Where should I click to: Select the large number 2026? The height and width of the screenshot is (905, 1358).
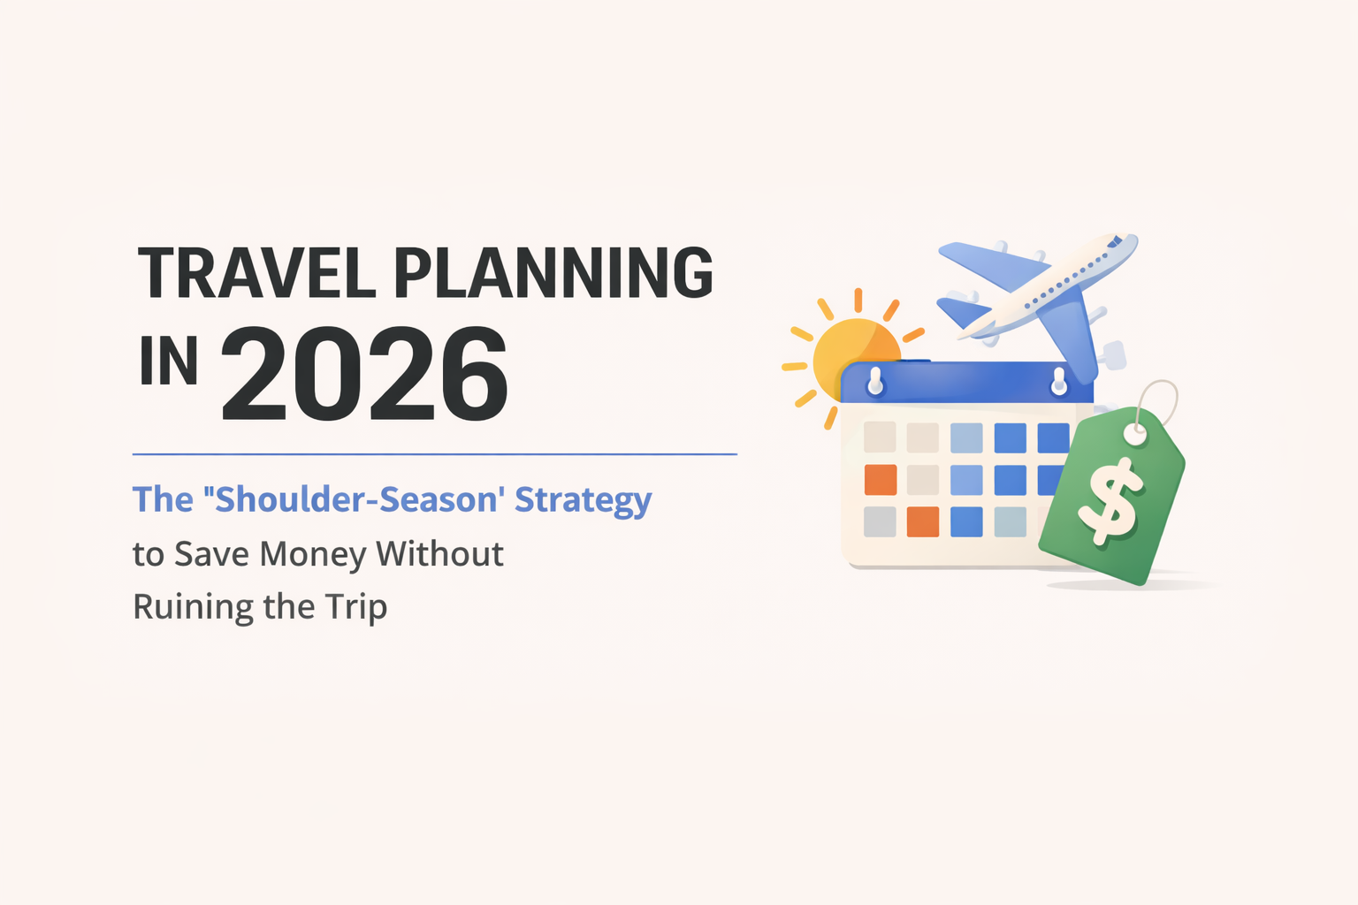(364, 375)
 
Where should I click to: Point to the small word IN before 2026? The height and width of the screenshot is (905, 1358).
(168, 361)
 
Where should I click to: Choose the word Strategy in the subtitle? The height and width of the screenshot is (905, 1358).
(584, 500)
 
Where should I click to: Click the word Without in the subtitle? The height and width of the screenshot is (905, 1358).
(439, 554)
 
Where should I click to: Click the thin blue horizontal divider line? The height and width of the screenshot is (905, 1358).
(434, 454)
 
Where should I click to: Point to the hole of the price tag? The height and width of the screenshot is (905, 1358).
(1136, 435)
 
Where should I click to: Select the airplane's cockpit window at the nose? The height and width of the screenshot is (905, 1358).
(1116, 241)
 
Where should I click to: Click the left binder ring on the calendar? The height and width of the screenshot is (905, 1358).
(875, 382)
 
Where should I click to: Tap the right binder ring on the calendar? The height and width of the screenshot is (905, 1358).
(1058, 382)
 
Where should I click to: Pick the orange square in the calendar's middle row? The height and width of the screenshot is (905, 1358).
(880, 480)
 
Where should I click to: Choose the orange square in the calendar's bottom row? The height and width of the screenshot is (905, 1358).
(923, 521)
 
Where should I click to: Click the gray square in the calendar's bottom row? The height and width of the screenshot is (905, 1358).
(880, 521)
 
